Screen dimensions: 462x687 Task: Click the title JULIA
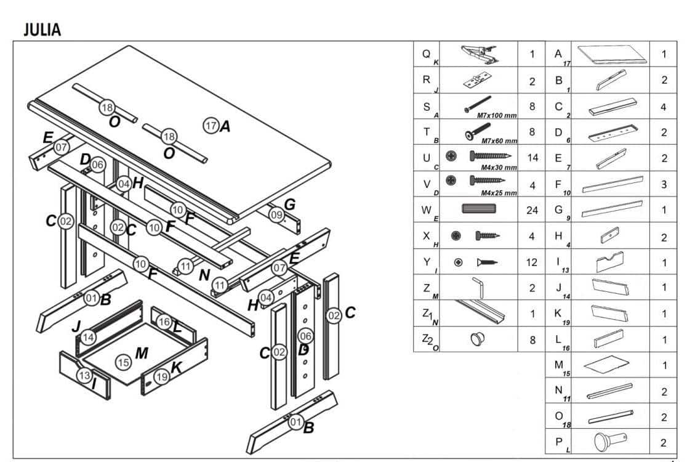click(x=42, y=29)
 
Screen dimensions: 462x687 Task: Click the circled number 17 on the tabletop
click(x=211, y=126)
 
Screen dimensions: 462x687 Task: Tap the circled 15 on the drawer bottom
click(x=124, y=362)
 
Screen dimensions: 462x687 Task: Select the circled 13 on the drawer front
click(x=84, y=375)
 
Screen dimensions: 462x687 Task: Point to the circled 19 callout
click(x=161, y=376)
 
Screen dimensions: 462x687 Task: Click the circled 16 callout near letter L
click(x=164, y=322)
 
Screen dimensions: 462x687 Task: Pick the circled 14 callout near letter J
click(x=89, y=337)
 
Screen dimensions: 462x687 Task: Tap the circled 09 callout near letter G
click(x=276, y=214)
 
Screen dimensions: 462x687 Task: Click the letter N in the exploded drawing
click(x=204, y=275)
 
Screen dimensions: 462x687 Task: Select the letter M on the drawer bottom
click(x=142, y=353)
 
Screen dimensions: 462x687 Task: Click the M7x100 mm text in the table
click(x=497, y=115)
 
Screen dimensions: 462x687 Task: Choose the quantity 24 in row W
click(x=532, y=210)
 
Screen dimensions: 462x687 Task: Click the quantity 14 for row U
click(x=532, y=158)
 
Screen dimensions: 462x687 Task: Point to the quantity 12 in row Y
click(x=532, y=262)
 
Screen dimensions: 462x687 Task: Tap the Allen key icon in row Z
click(x=478, y=288)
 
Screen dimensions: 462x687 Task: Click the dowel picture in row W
click(x=478, y=209)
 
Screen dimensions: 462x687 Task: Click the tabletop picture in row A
click(x=609, y=54)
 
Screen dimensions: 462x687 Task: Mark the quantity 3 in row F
click(x=664, y=184)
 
